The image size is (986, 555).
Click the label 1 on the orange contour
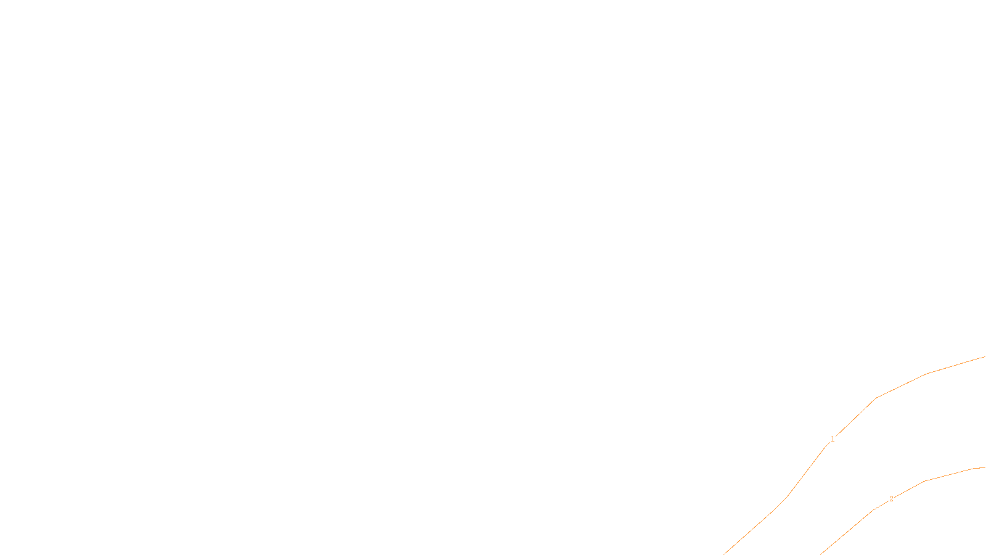[833, 439]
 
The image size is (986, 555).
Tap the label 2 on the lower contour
[891, 499]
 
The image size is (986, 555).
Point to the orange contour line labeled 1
[900, 386]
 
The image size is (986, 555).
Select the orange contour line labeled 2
[949, 475]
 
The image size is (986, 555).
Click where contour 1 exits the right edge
[985, 357]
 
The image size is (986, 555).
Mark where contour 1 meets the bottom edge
[724, 554]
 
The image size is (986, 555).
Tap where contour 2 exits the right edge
[985, 467]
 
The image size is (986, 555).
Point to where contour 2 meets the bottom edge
[821, 554]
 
